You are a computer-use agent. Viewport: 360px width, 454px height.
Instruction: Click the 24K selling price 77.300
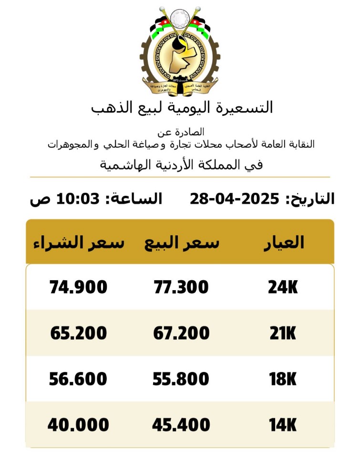181,287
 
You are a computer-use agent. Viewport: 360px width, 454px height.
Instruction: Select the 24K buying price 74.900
78,287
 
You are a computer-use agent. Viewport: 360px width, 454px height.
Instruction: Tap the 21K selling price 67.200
181,333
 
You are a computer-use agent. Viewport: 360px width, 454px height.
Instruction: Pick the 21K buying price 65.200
78,333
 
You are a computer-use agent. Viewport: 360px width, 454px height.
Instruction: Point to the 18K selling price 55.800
181,379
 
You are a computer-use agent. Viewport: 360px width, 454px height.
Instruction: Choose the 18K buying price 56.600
78,379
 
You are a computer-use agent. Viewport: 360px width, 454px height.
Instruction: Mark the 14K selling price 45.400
181,424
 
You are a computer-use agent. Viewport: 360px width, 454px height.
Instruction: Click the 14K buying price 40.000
78,424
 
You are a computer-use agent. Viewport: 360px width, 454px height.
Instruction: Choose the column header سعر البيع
182,243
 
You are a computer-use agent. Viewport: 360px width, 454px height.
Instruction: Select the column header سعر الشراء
78,243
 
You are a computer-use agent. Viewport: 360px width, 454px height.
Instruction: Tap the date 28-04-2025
234,199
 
